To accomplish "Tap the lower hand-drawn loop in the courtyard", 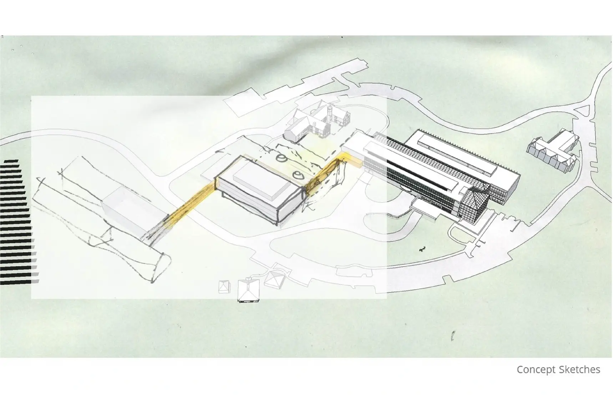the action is [x=298, y=175].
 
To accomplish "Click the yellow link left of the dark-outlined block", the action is [x=191, y=203].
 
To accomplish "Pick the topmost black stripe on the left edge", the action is [x=11, y=162].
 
